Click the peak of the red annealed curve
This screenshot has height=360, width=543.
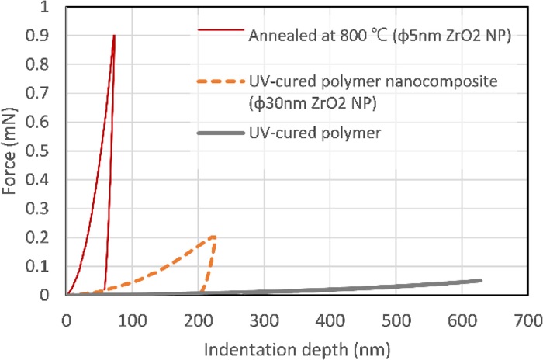pyautogui.click(x=114, y=36)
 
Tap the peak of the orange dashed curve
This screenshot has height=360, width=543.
pyautogui.click(x=213, y=237)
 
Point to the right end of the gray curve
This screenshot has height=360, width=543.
pyautogui.click(x=481, y=280)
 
